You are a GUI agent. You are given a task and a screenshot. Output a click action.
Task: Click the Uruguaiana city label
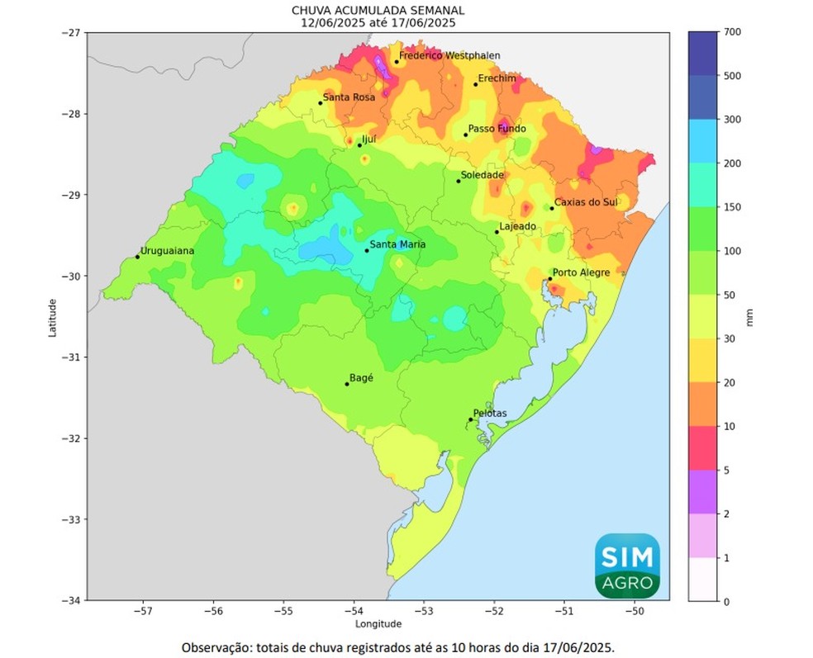click(x=167, y=250)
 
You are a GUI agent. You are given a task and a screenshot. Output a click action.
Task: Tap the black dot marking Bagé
click(x=347, y=384)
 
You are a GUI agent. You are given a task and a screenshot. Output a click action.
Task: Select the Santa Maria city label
click(x=398, y=244)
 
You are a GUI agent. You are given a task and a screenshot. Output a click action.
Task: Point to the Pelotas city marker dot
click(x=471, y=419)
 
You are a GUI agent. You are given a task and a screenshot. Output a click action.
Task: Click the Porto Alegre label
click(x=581, y=272)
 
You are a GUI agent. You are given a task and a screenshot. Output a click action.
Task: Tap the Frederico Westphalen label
click(x=449, y=55)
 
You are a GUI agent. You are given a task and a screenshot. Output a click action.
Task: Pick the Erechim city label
click(x=497, y=78)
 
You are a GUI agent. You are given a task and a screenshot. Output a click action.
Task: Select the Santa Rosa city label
click(x=349, y=97)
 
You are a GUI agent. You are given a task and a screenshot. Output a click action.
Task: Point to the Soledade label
click(x=482, y=175)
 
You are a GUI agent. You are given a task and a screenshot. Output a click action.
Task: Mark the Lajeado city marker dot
click(x=497, y=232)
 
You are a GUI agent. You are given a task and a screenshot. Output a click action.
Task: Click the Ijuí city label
click(x=369, y=140)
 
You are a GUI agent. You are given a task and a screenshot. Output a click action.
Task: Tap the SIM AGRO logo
click(x=628, y=566)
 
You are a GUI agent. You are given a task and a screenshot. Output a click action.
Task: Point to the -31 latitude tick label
click(x=72, y=357)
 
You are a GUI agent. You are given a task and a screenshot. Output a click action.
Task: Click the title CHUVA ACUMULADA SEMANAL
click(x=378, y=10)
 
